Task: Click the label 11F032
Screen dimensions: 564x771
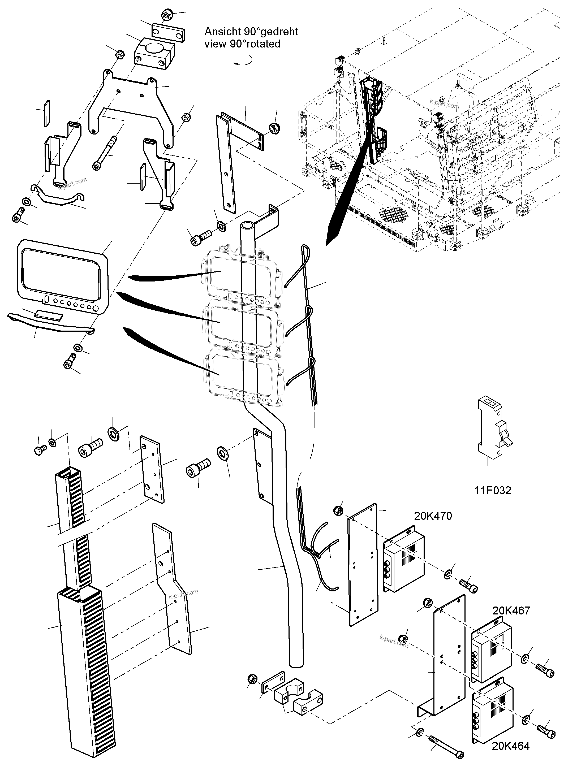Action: [493, 491]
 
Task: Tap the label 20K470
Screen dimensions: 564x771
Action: [433, 516]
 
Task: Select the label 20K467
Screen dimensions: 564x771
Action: [511, 610]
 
